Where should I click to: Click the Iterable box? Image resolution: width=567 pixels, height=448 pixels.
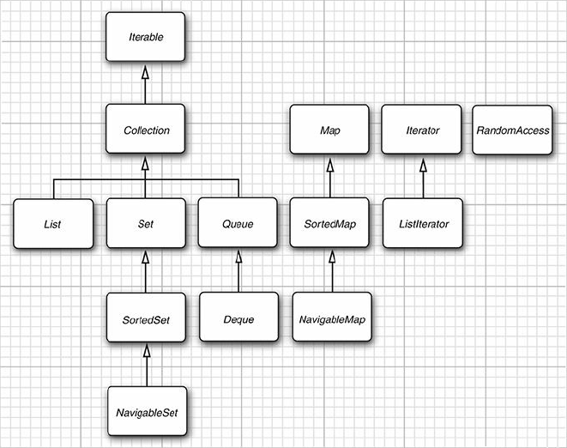(145, 37)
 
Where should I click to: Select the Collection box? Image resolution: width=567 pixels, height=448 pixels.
(145, 130)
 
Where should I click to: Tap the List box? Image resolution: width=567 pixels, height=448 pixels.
(52, 223)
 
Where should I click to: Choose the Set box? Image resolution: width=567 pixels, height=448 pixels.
(145, 223)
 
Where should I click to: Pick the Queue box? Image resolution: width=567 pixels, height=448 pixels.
(238, 223)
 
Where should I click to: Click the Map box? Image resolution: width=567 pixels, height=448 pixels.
(329, 130)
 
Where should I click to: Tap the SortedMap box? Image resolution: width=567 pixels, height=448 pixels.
(329, 223)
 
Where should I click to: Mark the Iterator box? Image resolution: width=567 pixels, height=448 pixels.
(422, 130)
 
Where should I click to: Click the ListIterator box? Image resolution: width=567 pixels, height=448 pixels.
(422, 223)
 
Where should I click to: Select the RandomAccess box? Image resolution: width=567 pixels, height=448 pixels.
(512, 130)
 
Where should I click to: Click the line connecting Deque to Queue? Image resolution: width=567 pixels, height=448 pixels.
(238, 275)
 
